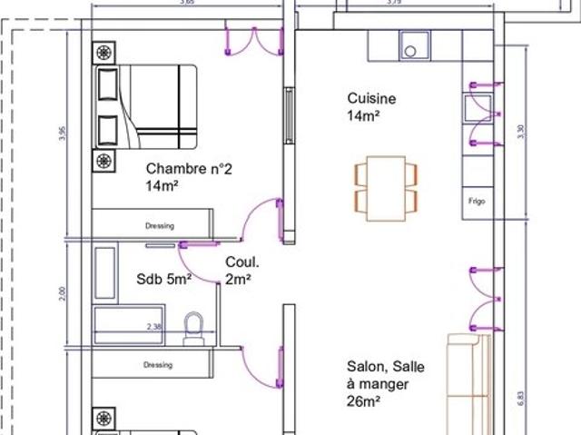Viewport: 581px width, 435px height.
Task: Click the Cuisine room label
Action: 371,98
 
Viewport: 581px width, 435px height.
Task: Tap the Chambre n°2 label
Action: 183,168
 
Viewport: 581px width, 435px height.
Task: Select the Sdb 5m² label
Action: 164,279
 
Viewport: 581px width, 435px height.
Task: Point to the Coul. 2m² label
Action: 238,272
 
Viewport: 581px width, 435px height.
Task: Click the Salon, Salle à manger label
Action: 385,382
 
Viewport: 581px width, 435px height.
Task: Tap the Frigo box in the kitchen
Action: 475,199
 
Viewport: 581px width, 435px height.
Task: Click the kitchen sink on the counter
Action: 415,43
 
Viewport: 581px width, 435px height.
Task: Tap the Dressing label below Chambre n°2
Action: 159,225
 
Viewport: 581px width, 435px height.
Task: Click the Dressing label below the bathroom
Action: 158,366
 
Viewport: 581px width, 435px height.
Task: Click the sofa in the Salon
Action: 470,381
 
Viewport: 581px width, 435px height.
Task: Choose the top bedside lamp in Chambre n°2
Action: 105,52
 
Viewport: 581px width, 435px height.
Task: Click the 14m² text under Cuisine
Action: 363,116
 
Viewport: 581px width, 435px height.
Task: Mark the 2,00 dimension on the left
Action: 62,292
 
